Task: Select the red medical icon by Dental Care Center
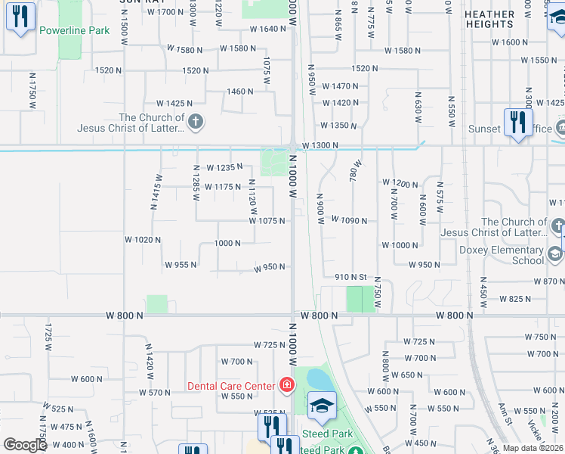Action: click(286, 386)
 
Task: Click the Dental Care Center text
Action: click(231, 386)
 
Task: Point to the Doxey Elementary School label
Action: click(502, 255)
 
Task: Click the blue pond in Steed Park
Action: click(318, 378)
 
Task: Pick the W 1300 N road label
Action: click(320, 145)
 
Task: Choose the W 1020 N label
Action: click(144, 240)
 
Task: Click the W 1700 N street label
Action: click(167, 12)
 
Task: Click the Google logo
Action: click(25, 445)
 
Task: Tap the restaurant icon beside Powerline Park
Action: click(20, 17)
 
